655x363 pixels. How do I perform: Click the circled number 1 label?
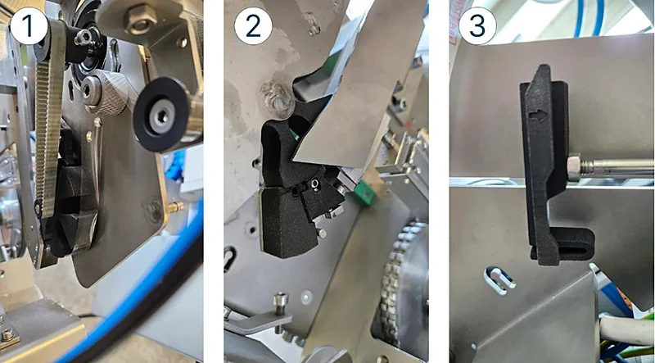coord(29,29)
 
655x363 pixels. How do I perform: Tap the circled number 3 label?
coord(477,28)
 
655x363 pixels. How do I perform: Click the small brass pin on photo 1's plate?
coord(174,206)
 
